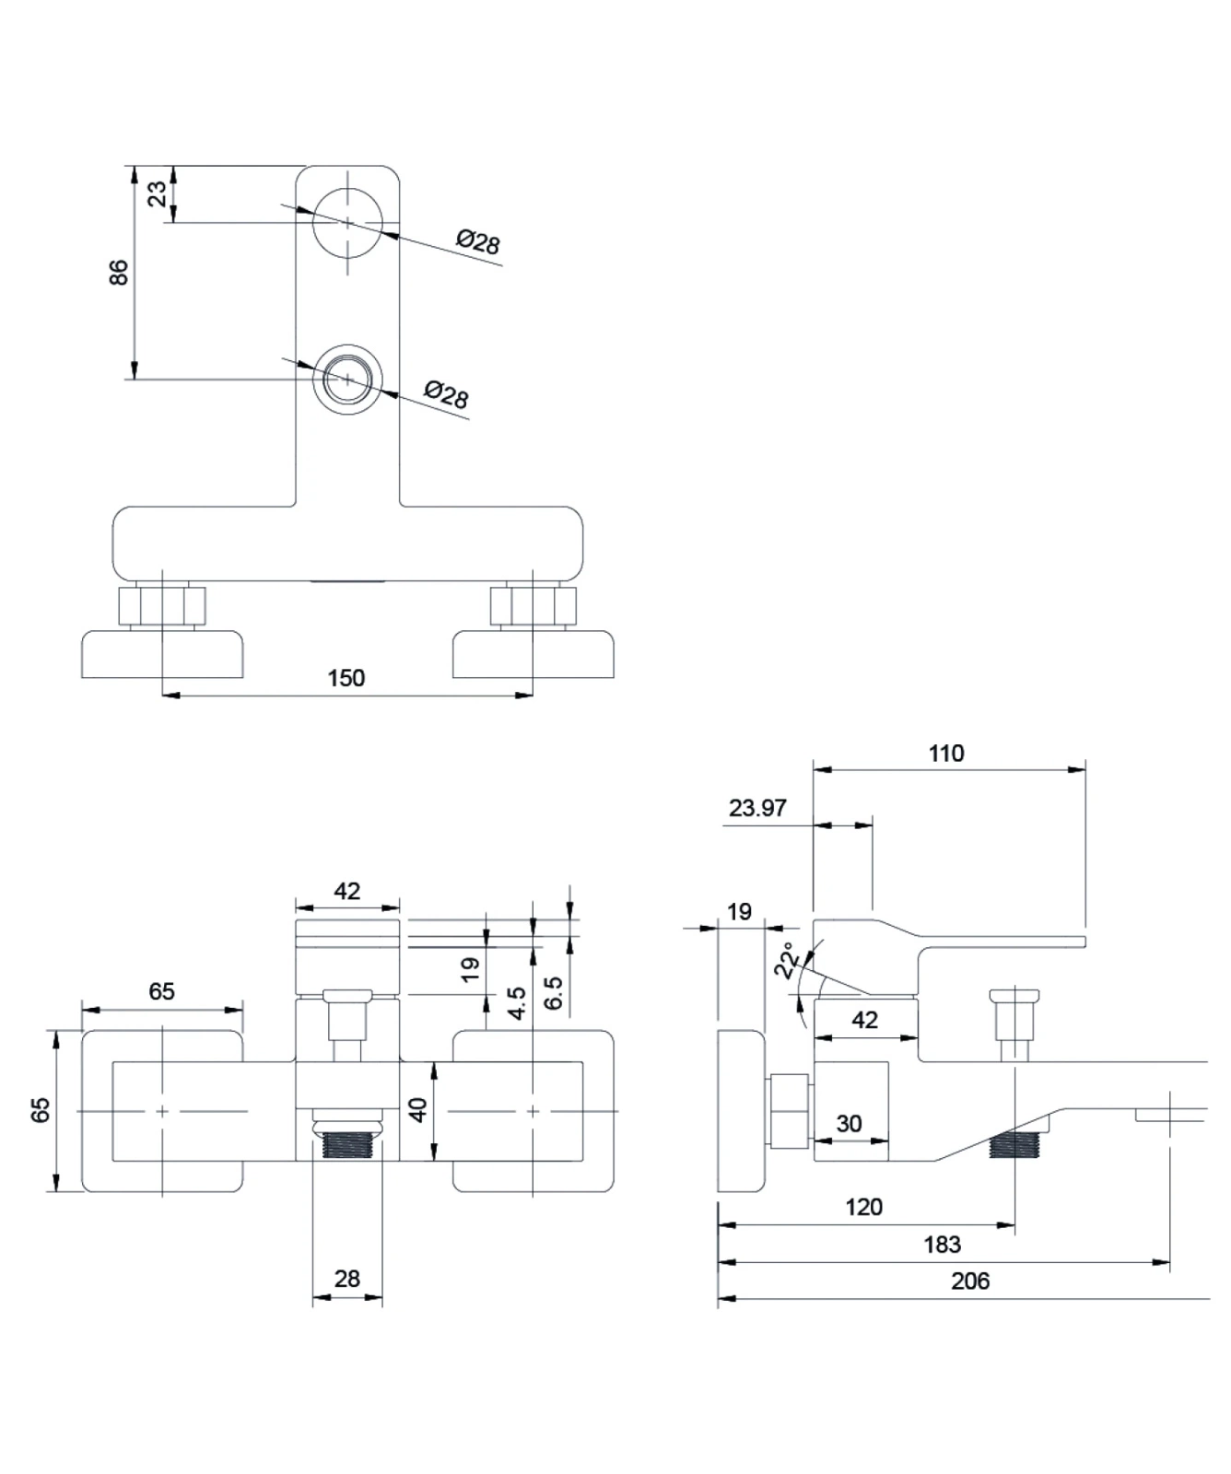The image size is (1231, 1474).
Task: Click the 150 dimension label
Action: click(x=346, y=678)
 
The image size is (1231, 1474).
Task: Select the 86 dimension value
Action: click(x=119, y=272)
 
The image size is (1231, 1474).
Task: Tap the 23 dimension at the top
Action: click(x=158, y=193)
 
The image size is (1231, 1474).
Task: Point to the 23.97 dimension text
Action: click(x=757, y=808)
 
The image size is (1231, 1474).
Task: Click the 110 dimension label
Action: click(x=946, y=754)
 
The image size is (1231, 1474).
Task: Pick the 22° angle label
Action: click(x=787, y=960)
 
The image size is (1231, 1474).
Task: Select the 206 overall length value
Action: click(x=970, y=1281)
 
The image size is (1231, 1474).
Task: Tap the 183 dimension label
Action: click(x=942, y=1245)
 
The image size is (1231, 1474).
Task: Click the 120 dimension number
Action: click(x=863, y=1207)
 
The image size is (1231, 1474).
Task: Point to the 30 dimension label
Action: click(x=849, y=1123)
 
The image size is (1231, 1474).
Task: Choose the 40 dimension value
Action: click(x=418, y=1109)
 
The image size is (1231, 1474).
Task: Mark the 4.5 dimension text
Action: click(x=517, y=1002)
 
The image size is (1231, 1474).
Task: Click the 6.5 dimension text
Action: click(x=553, y=993)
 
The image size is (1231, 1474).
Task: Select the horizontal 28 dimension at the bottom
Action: click(x=347, y=1279)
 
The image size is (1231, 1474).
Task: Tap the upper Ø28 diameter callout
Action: click(x=478, y=241)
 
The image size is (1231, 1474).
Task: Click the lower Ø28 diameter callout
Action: click(x=446, y=395)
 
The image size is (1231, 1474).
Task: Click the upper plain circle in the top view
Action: click(x=347, y=222)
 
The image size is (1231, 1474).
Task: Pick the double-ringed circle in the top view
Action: click(x=347, y=379)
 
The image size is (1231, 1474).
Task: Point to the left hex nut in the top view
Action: click(x=162, y=605)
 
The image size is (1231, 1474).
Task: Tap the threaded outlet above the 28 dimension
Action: click(x=347, y=1146)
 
